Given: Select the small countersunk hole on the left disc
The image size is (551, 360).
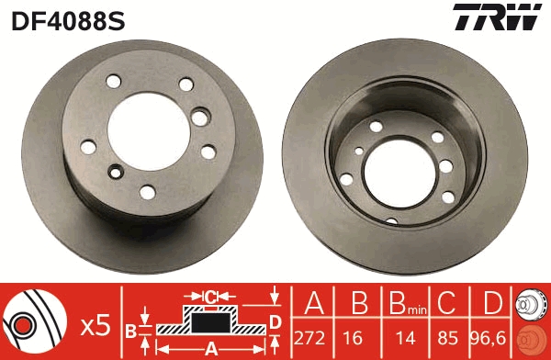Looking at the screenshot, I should click(116, 170).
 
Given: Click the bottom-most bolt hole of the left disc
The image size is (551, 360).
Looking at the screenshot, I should click(147, 191).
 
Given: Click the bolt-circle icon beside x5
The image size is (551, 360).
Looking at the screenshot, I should click(34, 321).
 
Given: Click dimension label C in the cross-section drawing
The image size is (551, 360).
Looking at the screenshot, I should click(209, 296).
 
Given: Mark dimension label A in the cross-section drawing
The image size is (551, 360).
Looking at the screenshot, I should click(209, 347).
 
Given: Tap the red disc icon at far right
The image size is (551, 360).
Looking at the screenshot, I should click(531, 338).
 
